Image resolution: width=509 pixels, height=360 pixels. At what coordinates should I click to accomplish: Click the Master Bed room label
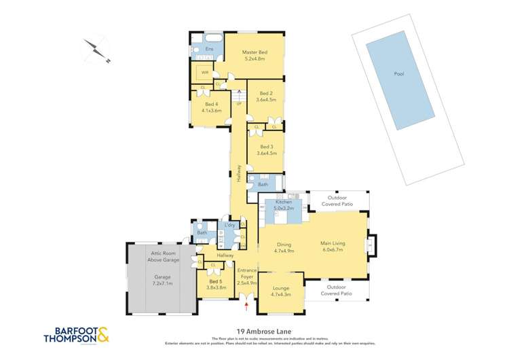click(254, 52)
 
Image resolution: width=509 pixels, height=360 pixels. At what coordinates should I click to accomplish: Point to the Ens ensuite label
click(200, 49)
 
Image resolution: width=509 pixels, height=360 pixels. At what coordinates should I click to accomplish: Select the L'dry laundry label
click(229, 225)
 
